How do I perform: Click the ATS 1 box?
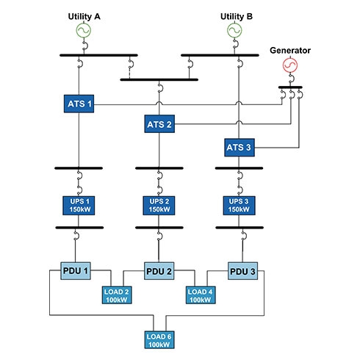[79, 104]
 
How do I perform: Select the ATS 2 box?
[159, 124]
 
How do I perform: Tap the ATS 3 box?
[240, 148]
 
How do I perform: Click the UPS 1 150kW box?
[79, 206]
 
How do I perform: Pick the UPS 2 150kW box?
[159, 206]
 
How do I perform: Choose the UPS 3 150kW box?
[239, 206]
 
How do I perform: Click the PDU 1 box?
[76, 271]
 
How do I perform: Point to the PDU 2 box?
[159, 271]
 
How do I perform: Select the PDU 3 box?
[242, 271]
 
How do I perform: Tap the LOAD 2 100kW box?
[117, 295]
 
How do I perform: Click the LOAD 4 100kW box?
[201, 295]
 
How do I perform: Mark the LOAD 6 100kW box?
[159, 339]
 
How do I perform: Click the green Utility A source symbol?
[84, 30]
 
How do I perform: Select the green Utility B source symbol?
[234, 30]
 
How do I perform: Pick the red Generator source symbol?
[290, 65]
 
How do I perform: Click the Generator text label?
[290, 50]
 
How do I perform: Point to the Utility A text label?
[84, 17]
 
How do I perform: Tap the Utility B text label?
[237, 17]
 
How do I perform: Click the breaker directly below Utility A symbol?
[85, 46]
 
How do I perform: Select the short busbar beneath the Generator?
[290, 87]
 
